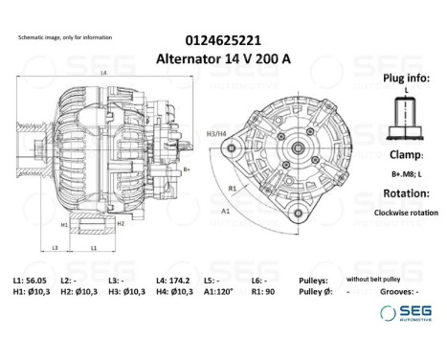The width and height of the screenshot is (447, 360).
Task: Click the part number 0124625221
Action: (x=223, y=39)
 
